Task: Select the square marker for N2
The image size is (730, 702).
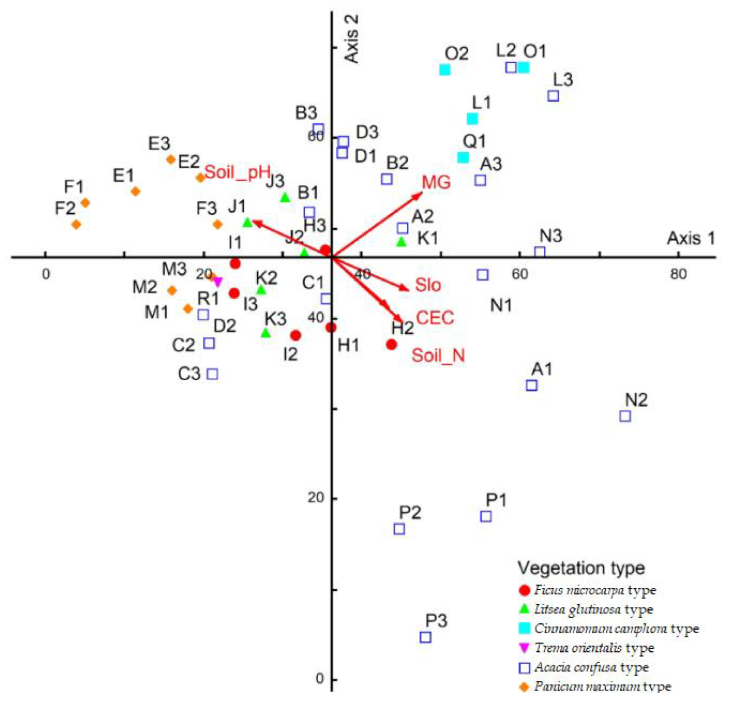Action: pos(625,416)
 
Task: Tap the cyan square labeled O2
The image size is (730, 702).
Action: pos(445,70)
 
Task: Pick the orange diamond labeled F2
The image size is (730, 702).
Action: pos(76,224)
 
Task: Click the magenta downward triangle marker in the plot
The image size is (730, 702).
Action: pos(218,282)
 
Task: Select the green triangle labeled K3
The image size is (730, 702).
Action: pos(266,333)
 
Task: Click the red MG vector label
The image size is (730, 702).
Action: pos(436,182)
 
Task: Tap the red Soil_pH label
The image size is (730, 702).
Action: pos(237,172)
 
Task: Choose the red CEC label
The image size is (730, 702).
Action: pos(435,318)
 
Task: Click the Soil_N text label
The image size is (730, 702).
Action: pos(438,356)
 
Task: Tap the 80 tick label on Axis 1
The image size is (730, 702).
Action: pos(678,274)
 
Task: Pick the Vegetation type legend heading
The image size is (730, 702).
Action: pos(581,568)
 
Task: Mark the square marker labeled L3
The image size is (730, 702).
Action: pos(554,96)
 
